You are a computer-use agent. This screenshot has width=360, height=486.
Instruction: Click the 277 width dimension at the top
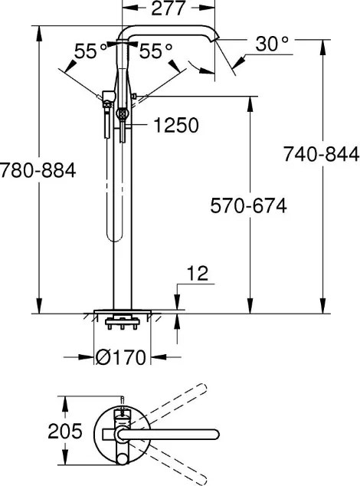169,8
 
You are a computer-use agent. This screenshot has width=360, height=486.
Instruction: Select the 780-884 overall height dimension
38,170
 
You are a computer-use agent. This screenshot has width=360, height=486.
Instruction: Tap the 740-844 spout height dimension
321,154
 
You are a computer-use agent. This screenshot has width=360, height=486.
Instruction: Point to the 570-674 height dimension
248,205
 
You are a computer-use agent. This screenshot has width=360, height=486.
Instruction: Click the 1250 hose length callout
176,125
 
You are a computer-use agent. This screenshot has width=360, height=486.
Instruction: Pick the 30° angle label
272,44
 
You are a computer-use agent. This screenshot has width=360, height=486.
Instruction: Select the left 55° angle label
90,51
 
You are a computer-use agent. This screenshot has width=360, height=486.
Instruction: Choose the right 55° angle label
155,51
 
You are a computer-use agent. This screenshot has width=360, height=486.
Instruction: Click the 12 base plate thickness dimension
198,274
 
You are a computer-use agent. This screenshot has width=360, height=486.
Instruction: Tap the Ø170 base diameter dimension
120,357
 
